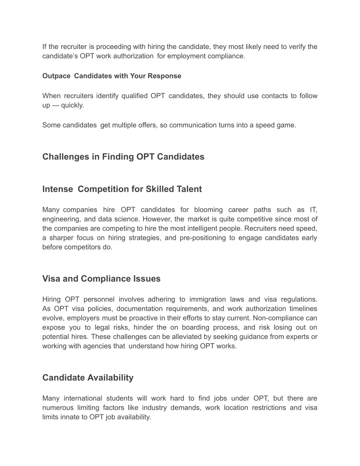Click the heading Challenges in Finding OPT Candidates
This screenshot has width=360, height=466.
[123, 157]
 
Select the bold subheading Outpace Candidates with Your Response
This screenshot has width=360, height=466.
[112, 76]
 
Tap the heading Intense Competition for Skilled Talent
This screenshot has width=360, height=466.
[122, 189]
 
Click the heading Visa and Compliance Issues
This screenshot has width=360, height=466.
[101, 279]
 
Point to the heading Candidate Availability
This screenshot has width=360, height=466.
[88, 378]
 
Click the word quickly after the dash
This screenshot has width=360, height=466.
[72, 106]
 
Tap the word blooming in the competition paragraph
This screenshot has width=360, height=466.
[208, 210]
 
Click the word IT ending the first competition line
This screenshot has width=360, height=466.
[313, 210]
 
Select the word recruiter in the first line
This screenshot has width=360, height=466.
[73, 47]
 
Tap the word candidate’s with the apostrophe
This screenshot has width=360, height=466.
[60, 56]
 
